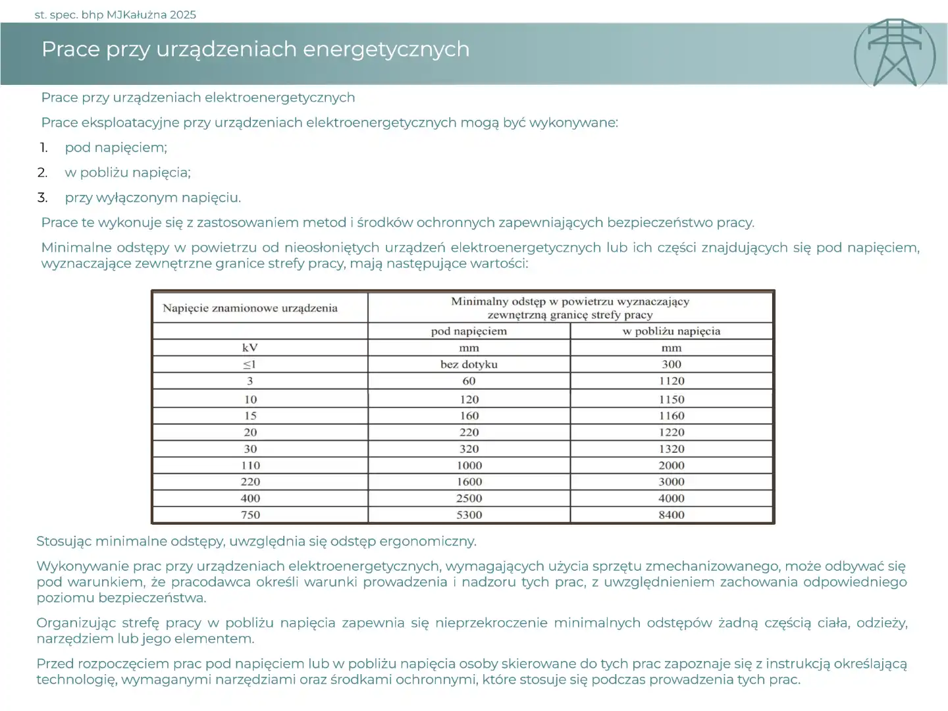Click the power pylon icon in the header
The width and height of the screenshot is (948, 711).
[x=895, y=53]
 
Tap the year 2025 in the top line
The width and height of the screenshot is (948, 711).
[x=182, y=14]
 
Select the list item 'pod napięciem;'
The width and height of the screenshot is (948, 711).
[x=116, y=147]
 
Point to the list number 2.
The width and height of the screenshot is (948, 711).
[x=42, y=172]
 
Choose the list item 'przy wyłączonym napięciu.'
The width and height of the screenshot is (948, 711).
[x=153, y=197]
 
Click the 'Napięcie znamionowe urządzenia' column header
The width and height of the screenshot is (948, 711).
[x=250, y=308]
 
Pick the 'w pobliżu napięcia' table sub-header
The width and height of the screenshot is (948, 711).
[x=671, y=331]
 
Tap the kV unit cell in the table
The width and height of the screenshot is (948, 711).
[x=250, y=348]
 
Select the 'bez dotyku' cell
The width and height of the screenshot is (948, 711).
[x=469, y=364]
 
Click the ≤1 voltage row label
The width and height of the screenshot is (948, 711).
[x=250, y=364]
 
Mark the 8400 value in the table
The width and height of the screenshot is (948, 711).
[x=671, y=515]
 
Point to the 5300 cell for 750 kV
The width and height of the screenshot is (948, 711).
[x=469, y=515]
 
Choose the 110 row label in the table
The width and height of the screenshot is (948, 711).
[x=250, y=465]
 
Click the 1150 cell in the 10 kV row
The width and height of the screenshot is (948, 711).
[x=671, y=400]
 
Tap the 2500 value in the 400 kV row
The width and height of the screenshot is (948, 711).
[x=469, y=498]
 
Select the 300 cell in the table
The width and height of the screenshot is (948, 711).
[x=671, y=364]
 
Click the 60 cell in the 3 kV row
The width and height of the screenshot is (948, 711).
[x=469, y=381]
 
